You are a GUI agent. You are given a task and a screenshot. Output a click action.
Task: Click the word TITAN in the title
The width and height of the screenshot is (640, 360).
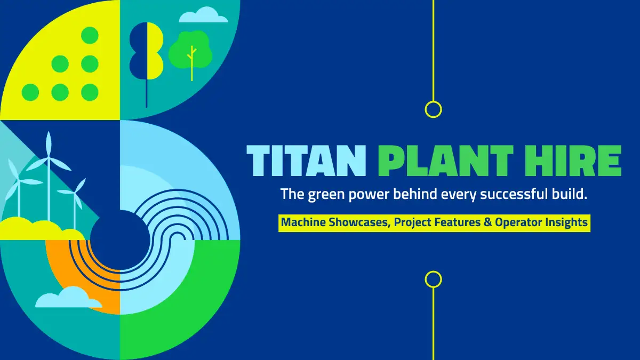point(306,161)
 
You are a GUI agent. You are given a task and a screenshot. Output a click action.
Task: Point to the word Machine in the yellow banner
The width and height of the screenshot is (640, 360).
point(303,222)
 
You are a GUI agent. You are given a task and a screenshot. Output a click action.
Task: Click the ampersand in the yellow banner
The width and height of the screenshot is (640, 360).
point(487,222)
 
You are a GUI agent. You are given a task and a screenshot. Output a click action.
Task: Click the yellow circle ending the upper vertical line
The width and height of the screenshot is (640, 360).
point(433,109)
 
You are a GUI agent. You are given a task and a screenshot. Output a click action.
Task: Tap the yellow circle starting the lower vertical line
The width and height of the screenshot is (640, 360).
point(433,279)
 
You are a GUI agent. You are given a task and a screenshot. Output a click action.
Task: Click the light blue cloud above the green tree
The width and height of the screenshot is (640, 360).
point(203,15)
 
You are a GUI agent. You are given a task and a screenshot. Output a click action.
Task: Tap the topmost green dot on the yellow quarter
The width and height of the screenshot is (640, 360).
point(90,35)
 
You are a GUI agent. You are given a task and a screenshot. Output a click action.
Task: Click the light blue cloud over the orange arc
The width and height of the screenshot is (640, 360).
point(69,297)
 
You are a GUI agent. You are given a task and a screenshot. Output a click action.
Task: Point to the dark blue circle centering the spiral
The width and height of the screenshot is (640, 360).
point(120,240)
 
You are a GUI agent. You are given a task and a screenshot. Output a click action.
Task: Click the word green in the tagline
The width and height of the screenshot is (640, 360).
point(326,195)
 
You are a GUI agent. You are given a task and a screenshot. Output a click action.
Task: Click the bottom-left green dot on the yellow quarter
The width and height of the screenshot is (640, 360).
point(30,92)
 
